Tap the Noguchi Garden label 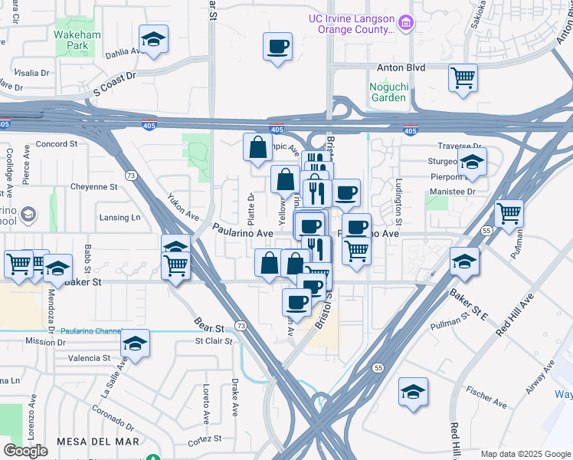click(x=387, y=92)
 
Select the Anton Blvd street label click(x=406, y=67)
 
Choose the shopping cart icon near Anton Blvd click(x=463, y=77)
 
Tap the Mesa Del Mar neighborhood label click(x=98, y=442)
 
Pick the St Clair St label click(x=213, y=340)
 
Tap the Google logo click(x=25, y=451)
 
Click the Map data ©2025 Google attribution click(x=526, y=454)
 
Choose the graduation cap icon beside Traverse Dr click(x=472, y=161)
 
